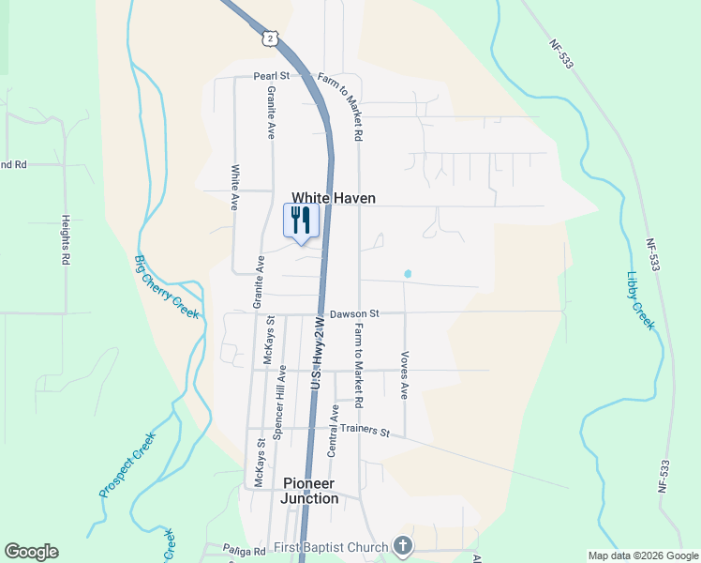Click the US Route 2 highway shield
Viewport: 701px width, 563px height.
click(270, 38)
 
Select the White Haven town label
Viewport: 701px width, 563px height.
click(334, 198)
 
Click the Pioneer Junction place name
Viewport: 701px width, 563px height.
click(310, 491)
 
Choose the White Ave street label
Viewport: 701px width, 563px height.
click(235, 188)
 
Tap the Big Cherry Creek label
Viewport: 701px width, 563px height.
click(168, 287)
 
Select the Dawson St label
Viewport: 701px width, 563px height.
click(353, 313)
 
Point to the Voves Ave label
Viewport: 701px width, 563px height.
click(405, 375)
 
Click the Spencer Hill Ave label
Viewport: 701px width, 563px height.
click(278, 403)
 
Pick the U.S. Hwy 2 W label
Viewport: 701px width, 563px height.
click(318, 354)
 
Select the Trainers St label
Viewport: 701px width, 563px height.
click(365, 431)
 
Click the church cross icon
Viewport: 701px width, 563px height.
click(402, 546)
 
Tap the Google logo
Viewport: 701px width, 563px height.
click(31, 552)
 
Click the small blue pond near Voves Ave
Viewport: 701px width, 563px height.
click(407, 274)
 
